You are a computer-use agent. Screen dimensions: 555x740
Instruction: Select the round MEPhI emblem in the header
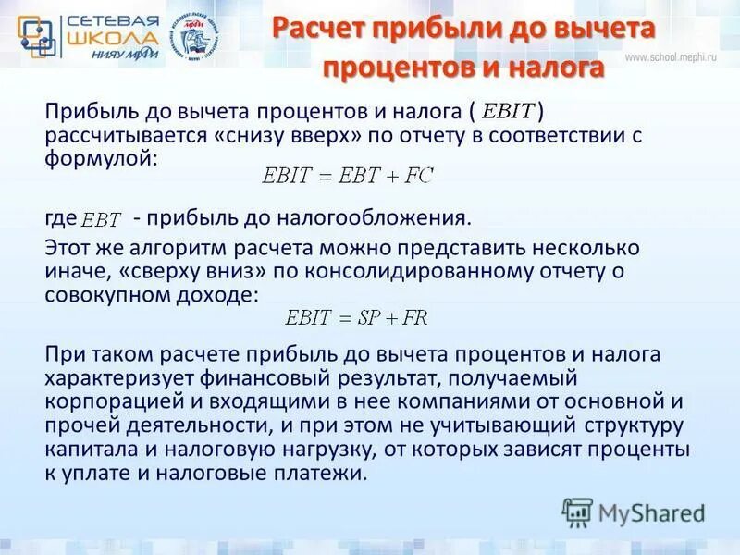[x=200, y=34]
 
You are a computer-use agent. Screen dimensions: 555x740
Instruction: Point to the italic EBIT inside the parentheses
[x=508, y=112]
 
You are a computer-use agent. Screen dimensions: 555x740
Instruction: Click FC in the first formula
[x=418, y=174]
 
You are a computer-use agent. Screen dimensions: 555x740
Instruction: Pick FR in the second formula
[x=413, y=316]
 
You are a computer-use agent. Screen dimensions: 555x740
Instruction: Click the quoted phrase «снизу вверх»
[x=241, y=135]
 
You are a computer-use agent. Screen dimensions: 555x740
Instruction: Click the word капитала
[x=85, y=450]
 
